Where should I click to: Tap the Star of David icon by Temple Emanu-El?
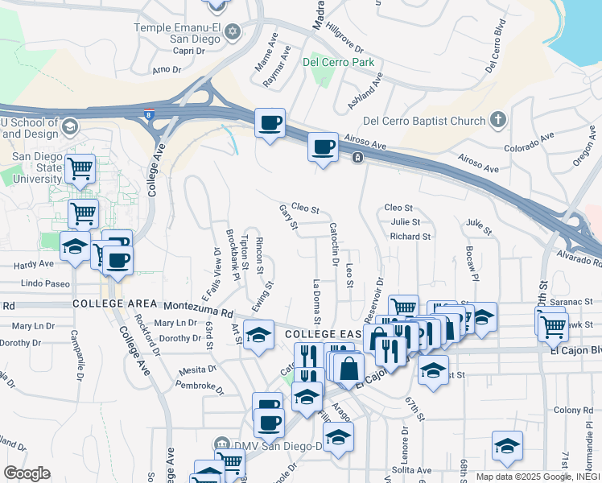tap(233, 32)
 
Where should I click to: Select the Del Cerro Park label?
tap(339, 61)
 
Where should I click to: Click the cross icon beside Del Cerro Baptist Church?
tap(498, 121)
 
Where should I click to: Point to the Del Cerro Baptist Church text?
tap(424, 122)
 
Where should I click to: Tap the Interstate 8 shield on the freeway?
tap(150, 115)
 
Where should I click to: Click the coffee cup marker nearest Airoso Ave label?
tap(323, 148)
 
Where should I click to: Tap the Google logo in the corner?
tap(27, 473)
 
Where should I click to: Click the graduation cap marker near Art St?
tap(258, 334)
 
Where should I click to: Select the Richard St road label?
tap(410, 237)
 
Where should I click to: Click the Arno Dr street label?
tap(166, 70)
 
